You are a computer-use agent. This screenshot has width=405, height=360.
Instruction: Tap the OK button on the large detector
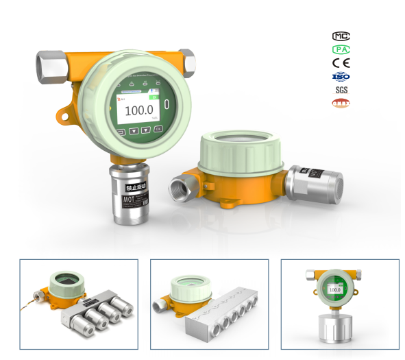159,128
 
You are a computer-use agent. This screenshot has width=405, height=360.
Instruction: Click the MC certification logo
341,36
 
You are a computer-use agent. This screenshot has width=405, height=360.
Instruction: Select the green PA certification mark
341,49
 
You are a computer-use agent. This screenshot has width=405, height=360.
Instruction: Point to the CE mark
341,63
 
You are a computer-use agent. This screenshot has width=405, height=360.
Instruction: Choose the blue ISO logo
341,76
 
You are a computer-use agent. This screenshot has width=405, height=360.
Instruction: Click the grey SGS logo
341,90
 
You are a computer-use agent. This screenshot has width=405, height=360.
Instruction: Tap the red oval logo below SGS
341,104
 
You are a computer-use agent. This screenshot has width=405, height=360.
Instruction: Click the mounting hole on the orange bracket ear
66,117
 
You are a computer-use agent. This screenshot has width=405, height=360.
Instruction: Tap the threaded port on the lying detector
182,186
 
